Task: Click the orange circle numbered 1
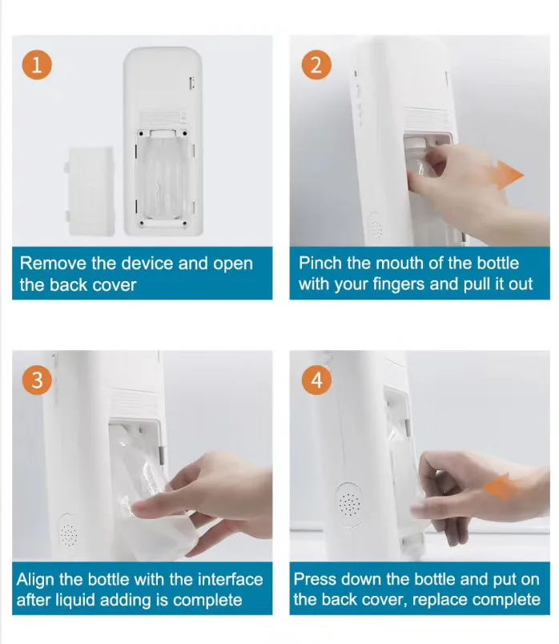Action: pos(37,65)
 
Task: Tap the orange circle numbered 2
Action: pos(316,65)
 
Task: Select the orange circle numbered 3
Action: pos(37,380)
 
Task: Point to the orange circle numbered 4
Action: pos(316,380)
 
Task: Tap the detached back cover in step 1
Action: pos(90,191)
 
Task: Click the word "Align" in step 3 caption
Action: pos(36,579)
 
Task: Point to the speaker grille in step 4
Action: pos(349,504)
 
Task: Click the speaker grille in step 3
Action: pos(68,535)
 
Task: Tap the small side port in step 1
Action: pos(192,83)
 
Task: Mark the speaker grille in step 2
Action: pos(375,228)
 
